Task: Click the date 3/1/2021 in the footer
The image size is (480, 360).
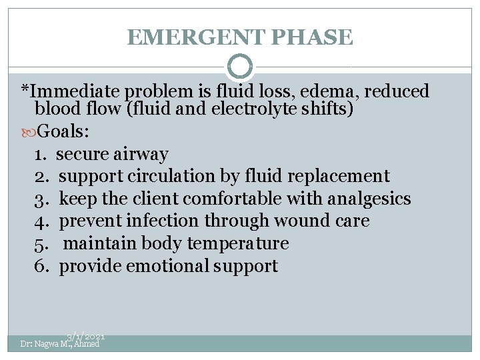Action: coord(85,338)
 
